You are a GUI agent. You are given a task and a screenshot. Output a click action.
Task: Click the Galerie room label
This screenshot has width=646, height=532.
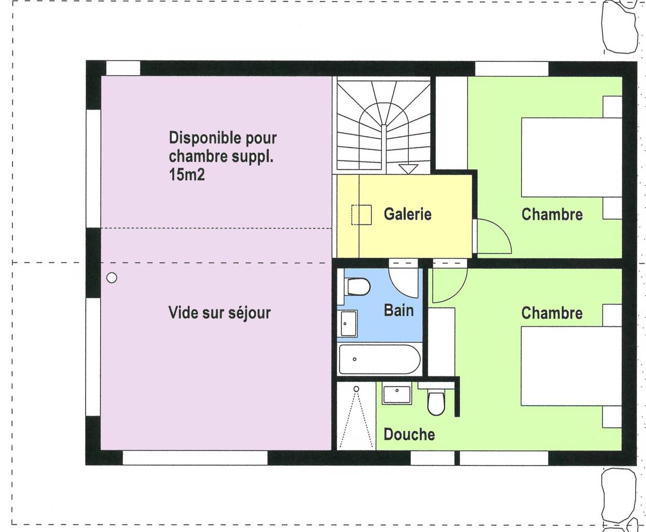click(x=407, y=214)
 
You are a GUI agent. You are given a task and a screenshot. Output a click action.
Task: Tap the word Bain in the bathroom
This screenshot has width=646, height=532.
click(x=398, y=310)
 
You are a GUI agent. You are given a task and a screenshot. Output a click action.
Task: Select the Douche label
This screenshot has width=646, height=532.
click(x=409, y=434)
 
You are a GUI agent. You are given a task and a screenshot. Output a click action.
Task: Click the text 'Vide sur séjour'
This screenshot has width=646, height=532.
click(x=219, y=313)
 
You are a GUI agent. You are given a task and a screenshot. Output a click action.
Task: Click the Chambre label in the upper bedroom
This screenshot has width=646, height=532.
click(x=552, y=214)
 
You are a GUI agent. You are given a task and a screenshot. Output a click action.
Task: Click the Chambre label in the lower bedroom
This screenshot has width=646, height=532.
click(x=552, y=313)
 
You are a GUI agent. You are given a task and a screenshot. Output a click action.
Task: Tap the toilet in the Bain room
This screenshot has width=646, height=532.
click(x=357, y=286)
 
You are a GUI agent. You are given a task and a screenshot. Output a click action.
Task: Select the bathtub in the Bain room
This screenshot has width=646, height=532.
click(x=379, y=359)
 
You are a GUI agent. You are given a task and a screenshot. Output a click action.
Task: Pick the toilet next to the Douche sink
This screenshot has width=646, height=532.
click(x=436, y=402)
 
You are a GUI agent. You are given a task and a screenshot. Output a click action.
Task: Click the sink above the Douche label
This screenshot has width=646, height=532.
click(x=397, y=394)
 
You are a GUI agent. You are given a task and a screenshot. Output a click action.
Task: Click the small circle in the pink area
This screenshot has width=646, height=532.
click(x=112, y=278)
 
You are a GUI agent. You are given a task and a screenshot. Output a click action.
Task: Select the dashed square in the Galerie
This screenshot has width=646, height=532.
click(x=362, y=215)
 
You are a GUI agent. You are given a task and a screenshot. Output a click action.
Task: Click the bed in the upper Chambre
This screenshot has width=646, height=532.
click(x=571, y=157)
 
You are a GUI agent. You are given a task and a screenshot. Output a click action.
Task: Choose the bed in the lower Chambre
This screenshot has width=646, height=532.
click(x=571, y=366)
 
